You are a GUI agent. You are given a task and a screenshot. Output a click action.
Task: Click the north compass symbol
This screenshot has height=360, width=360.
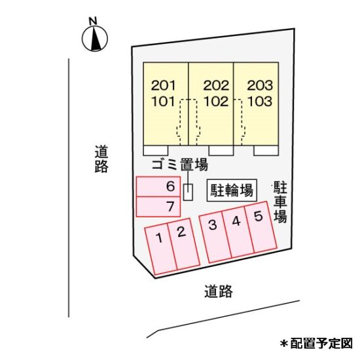95,39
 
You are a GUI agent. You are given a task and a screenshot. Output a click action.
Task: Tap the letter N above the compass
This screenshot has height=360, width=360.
93,21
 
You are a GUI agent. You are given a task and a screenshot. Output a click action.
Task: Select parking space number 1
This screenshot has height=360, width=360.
161,250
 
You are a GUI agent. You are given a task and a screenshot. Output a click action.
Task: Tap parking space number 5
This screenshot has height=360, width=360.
261,227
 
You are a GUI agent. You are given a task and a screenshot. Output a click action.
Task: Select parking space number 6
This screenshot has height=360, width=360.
158,187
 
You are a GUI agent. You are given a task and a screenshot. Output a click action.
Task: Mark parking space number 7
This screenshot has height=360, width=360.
158,207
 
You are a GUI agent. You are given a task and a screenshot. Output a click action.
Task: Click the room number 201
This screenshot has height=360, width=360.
163,85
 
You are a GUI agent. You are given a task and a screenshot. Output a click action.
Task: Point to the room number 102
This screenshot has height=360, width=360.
216,101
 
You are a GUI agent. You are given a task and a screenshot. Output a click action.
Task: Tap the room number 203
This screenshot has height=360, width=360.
260,85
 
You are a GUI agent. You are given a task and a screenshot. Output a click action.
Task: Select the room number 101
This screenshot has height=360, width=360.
163,101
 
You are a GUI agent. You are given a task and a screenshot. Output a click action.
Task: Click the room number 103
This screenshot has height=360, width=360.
260,101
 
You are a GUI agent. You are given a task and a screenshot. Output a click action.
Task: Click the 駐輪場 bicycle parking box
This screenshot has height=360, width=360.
232,190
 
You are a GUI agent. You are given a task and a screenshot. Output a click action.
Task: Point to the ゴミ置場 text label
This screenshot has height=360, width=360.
180,164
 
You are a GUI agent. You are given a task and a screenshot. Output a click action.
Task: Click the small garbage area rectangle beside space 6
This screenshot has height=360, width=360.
188,192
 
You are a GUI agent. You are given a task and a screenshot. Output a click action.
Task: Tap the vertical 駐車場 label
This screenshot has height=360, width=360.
280,202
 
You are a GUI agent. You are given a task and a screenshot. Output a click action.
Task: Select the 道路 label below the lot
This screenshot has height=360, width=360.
219,291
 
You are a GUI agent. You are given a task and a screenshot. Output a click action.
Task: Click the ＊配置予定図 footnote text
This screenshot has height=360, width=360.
316,344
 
